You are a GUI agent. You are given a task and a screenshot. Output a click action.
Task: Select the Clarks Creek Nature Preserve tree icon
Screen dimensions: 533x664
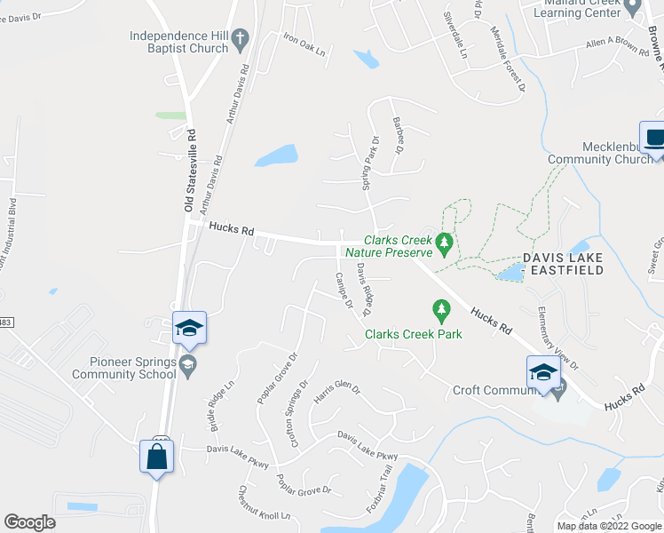(443, 241)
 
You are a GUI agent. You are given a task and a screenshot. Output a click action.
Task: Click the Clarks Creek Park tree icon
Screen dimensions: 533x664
(439, 311)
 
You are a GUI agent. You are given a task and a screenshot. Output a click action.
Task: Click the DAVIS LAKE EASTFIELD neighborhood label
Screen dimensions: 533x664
(564, 264)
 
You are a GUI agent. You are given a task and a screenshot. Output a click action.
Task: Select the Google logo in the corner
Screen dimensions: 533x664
(29, 522)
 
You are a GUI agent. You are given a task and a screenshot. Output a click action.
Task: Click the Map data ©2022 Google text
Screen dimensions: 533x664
(609, 526)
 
